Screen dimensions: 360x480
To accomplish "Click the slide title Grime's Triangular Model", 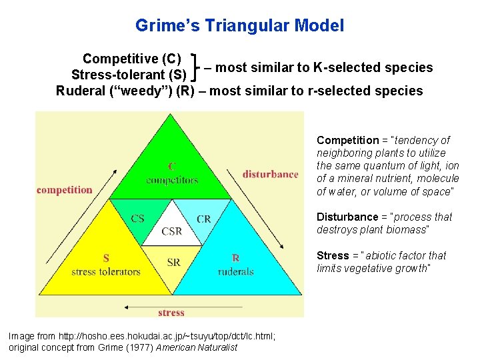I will (x=239, y=26).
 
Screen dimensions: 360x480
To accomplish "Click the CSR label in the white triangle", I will (x=172, y=232).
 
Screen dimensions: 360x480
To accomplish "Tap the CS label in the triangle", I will (x=138, y=218).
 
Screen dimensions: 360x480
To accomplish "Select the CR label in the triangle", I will (x=204, y=219).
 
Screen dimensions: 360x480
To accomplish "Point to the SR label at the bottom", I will (x=173, y=263).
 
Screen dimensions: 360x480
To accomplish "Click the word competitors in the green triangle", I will (x=172, y=180).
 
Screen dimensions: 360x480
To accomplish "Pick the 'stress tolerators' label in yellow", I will (x=106, y=271).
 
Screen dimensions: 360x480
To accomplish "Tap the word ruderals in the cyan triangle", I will (x=235, y=271).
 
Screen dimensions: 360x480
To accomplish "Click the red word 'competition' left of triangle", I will (x=65, y=190).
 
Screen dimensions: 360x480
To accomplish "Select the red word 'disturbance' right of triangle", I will (x=270, y=174).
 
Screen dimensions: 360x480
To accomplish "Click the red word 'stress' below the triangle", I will (x=171, y=313).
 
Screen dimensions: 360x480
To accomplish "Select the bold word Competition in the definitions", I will (x=347, y=141).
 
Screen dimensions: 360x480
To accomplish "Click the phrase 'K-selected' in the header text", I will (x=344, y=67).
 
